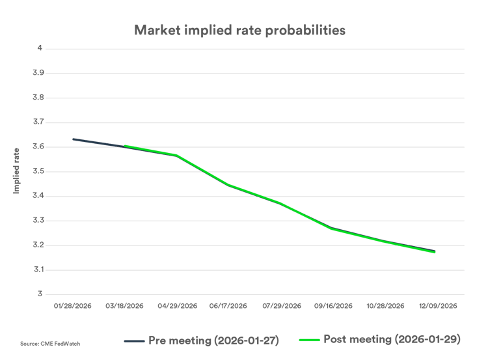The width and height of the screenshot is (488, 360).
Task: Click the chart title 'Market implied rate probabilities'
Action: click(x=240, y=30)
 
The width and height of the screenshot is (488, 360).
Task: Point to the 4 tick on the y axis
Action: click(x=40, y=48)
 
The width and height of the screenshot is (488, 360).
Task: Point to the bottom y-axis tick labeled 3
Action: click(x=40, y=294)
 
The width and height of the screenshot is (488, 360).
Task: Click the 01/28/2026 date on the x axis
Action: click(x=73, y=305)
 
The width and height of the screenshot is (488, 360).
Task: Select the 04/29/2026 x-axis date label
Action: click(x=176, y=305)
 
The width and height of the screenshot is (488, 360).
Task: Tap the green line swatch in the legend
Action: click(x=308, y=340)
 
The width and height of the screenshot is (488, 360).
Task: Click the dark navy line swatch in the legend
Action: click(x=133, y=340)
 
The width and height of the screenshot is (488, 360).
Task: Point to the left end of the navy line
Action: click(x=73, y=139)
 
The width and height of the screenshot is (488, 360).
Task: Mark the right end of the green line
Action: click(x=435, y=252)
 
